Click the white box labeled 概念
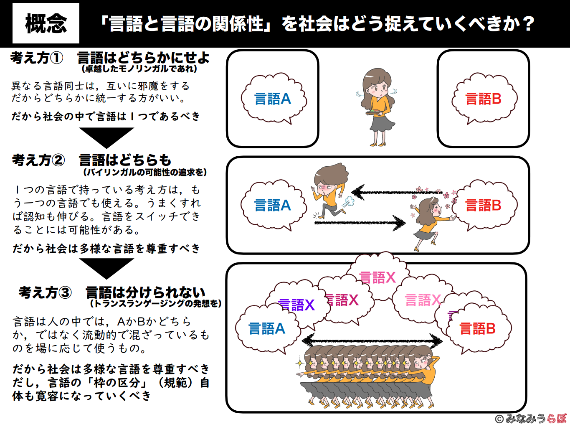[46, 23]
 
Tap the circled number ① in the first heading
[56, 58]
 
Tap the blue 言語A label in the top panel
[272, 99]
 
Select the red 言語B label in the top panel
[483, 99]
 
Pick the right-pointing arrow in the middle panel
[360, 223]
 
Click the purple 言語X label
[296, 305]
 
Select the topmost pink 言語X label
[377, 277]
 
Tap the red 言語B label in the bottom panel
[477, 328]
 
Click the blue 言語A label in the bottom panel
[267, 328]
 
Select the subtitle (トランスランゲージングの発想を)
[156, 303]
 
